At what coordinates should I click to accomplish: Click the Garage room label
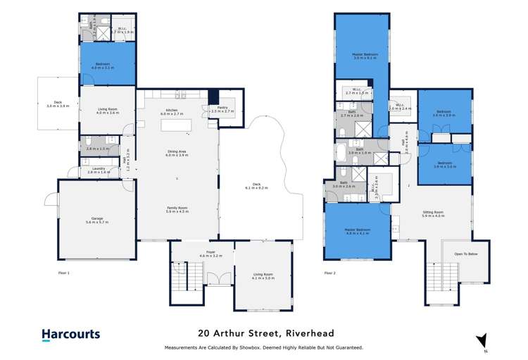97,220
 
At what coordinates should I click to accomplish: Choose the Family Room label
177,209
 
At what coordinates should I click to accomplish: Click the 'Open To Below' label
466,254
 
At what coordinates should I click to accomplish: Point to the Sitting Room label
432,213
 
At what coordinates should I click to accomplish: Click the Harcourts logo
71,335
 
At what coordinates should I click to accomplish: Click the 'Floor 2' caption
331,272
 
